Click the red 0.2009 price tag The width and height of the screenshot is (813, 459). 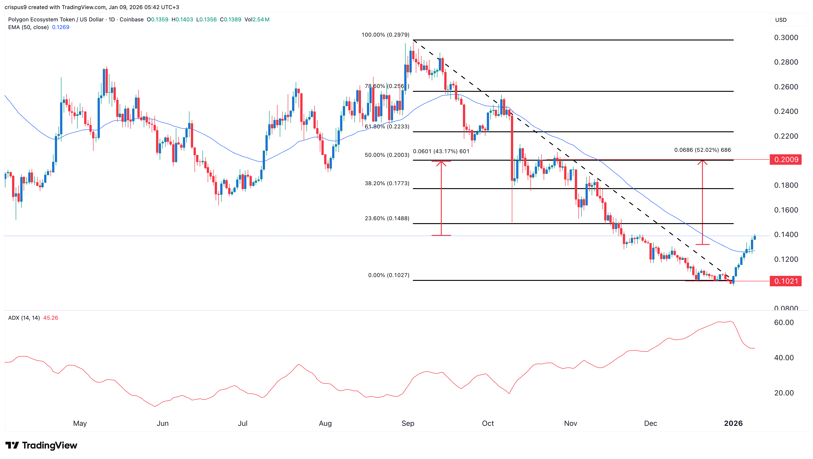(x=785, y=160)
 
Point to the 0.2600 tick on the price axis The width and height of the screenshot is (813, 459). (x=786, y=87)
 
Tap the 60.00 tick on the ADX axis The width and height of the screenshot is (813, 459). (x=784, y=322)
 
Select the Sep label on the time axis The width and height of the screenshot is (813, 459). (x=408, y=423)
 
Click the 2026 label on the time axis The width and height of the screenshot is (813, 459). (x=733, y=423)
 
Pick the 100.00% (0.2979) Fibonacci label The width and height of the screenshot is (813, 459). (x=385, y=35)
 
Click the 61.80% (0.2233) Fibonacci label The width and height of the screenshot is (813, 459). (x=387, y=126)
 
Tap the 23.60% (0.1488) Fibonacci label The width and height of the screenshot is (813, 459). (x=387, y=218)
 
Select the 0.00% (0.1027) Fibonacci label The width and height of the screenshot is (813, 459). (x=389, y=275)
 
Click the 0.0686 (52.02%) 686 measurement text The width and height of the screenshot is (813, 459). (x=702, y=150)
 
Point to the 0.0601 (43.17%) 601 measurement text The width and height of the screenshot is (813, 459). (x=441, y=151)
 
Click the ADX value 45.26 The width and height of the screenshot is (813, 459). (x=50, y=318)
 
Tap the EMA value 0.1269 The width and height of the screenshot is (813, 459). (x=61, y=27)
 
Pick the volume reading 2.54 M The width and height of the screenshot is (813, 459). (x=261, y=20)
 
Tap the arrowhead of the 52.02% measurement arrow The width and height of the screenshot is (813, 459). (x=702, y=162)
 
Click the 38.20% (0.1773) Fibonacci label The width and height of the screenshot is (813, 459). (x=387, y=183)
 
